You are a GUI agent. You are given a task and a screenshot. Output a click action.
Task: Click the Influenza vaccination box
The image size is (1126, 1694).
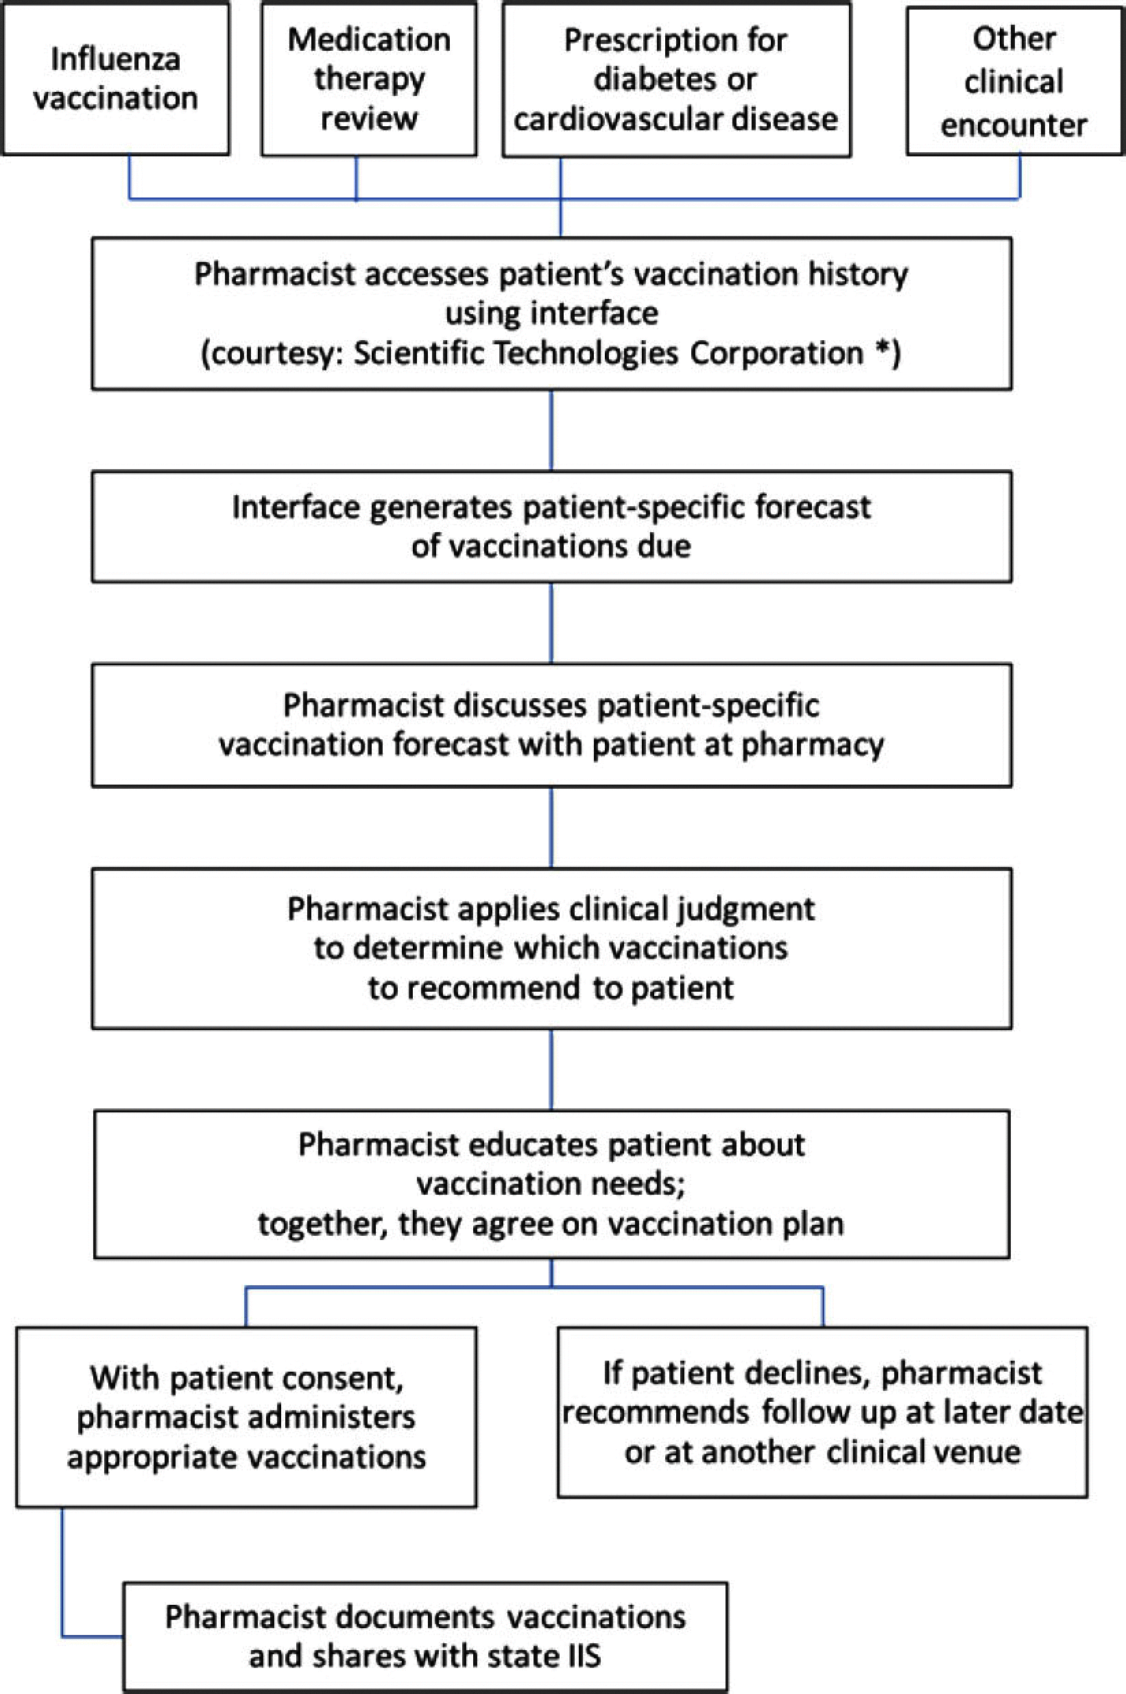pyautogui.click(x=115, y=78)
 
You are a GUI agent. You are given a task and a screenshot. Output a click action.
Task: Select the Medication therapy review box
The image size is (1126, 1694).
pyautogui.click(x=368, y=78)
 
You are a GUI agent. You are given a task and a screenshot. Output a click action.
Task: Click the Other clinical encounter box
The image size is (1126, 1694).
pyautogui.click(x=1014, y=81)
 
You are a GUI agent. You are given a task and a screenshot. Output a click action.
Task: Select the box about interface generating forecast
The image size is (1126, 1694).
pyautogui.click(x=551, y=526)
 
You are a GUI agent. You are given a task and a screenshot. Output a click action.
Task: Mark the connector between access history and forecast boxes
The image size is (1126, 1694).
pyautogui.click(x=551, y=429)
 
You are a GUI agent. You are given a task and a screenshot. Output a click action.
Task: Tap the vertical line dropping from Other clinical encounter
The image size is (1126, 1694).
pyautogui.click(x=1020, y=176)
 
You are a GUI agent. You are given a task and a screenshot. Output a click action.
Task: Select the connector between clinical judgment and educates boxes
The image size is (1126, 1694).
pyautogui.click(x=551, y=1069)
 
